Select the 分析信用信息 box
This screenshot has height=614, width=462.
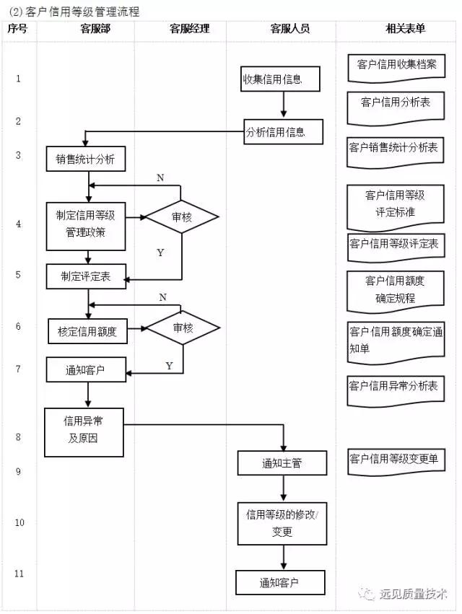click(x=282, y=132)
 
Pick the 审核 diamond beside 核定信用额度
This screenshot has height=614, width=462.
click(x=183, y=328)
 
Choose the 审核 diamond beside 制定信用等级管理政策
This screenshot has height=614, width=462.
click(x=182, y=217)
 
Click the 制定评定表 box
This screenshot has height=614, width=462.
click(x=87, y=275)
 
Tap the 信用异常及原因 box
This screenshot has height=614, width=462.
click(x=82, y=431)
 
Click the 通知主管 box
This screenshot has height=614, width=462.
click(x=282, y=462)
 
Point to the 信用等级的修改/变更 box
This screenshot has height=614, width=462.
click(x=282, y=523)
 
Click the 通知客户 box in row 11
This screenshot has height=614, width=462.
click(x=279, y=582)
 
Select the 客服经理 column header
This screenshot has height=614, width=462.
click(x=189, y=29)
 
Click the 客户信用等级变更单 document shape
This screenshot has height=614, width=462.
click(x=397, y=460)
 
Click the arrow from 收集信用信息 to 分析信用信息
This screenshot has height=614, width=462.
click(x=284, y=105)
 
